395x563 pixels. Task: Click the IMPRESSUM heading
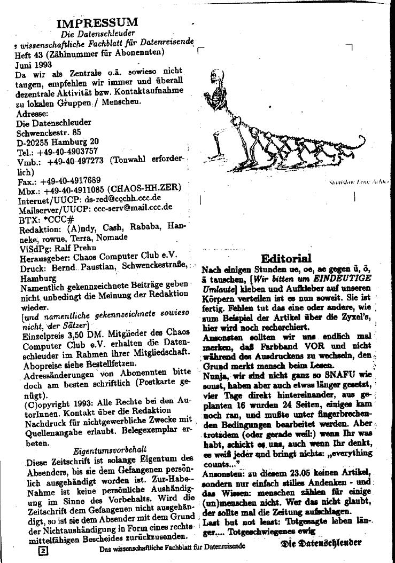click(97, 22)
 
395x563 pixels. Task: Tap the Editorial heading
click(286, 258)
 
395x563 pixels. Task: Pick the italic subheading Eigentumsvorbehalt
click(110, 450)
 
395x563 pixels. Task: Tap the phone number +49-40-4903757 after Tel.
click(67, 150)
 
